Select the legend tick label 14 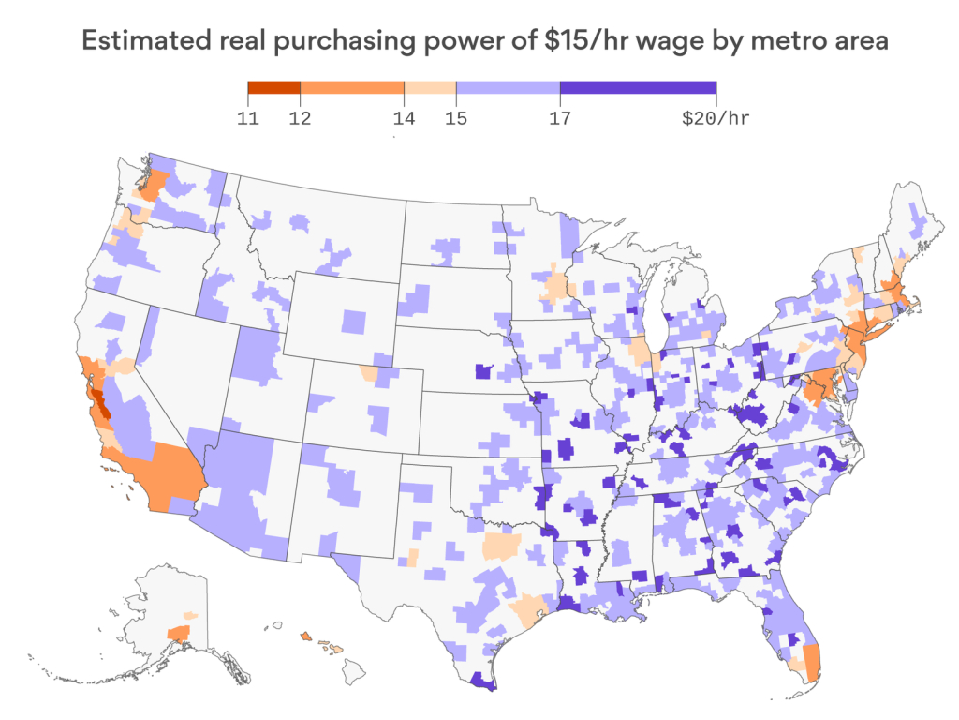coord(404,119)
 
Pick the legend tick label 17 coord(559,119)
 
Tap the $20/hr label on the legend coord(716,119)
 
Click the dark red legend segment coord(273,88)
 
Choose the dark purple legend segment coord(638,88)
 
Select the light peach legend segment coord(430,88)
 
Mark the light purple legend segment coord(508,88)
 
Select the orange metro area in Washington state coord(155,184)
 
